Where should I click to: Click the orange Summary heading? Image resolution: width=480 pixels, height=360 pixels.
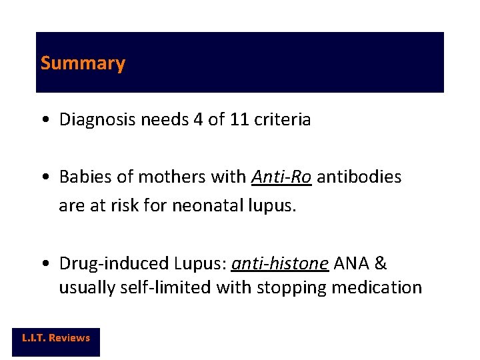pyautogui.click(x=83, y=63)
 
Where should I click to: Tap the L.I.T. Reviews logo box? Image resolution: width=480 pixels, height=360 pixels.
pyautogui.click(x=56, y=338)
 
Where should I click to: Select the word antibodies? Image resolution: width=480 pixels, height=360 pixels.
pyautogui.click(x=359, y=177)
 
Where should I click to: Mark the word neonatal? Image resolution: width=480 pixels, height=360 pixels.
pyautogui.click(x=204, y=206)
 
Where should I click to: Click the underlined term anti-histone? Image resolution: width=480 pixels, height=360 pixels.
pyautogui.click(x=279, y=263)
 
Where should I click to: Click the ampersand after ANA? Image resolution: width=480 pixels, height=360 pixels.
pyautogui.click(x=381, y=263)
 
